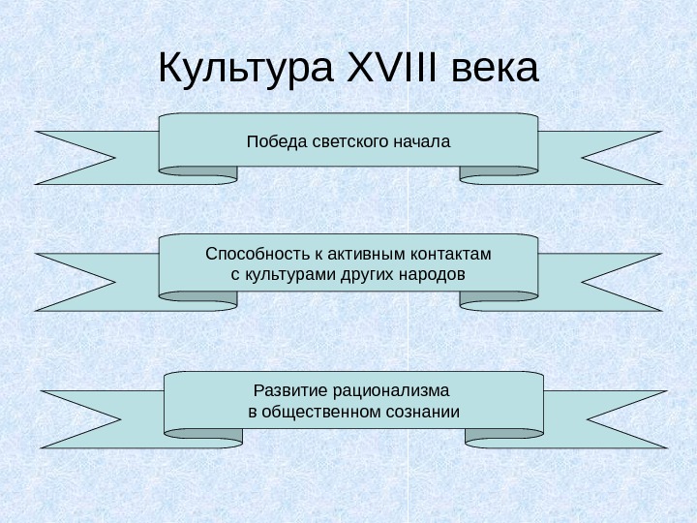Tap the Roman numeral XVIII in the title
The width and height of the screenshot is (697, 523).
coord(385,70)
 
